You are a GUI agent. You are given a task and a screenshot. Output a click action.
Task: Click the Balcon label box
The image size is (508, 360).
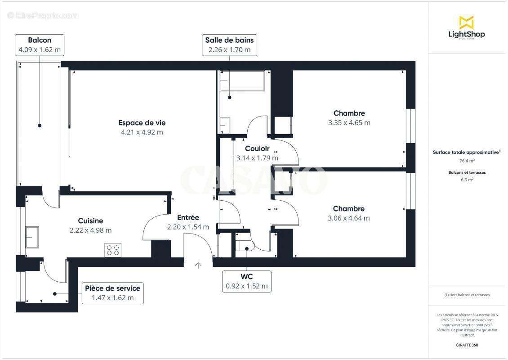pos(40,45)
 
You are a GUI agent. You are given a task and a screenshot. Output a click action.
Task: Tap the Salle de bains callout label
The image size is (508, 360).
pos(229,45)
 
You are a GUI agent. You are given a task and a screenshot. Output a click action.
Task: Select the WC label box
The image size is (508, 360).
pos(247,281)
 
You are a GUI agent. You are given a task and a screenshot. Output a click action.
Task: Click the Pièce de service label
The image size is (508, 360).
pos(113,293)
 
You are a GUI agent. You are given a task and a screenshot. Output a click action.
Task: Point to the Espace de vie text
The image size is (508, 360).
pos(139,122)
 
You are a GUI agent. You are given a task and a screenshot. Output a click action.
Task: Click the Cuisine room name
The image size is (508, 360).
pos(90,220)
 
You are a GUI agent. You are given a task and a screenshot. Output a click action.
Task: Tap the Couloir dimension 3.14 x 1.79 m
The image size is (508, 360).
pos(257,158)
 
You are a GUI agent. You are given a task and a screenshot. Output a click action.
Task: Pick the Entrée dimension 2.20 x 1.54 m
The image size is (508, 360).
pos(188,227)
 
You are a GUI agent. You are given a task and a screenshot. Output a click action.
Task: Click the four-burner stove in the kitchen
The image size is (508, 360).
pos(113,250)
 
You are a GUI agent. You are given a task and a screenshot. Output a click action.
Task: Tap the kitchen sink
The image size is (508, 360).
pos(32,237)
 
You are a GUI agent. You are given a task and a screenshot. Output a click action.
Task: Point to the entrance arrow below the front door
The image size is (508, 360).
pos(198,265)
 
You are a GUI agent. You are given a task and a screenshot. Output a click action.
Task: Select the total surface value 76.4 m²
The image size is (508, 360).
pos(467,161)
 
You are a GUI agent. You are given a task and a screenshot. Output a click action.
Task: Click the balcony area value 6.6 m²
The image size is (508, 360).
pos(467,180)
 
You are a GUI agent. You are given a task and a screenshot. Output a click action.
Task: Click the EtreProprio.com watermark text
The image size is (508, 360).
pos(43,15)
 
